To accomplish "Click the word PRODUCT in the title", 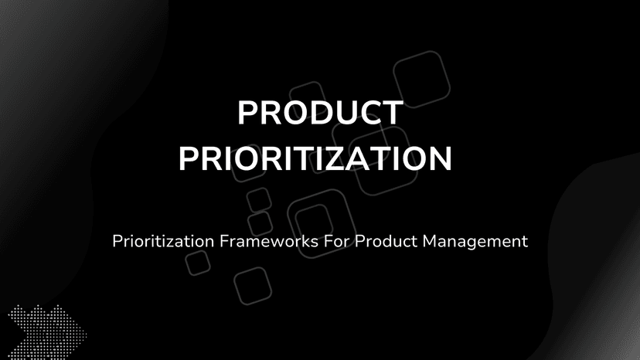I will point(319,114).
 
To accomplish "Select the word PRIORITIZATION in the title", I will point(315,158).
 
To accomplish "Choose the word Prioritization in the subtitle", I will point(161,241).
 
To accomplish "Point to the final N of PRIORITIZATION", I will point(438,158).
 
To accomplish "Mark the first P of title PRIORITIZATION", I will point(189,158).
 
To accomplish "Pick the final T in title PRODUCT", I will point(390,114).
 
